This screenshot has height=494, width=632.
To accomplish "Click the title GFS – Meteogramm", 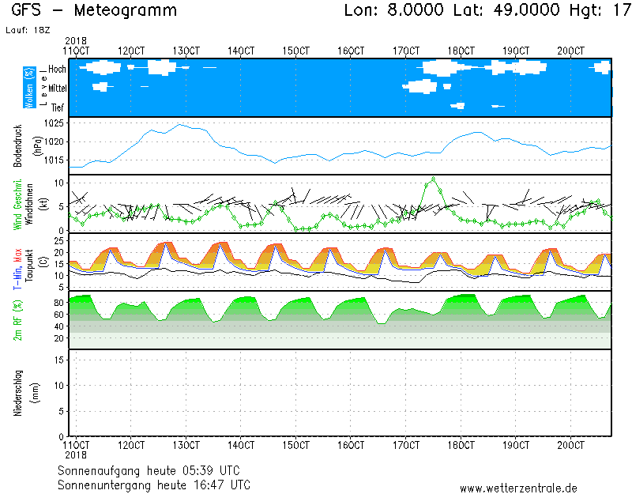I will tap(94, 11).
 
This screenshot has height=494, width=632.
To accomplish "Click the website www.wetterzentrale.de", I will tap(518, 488).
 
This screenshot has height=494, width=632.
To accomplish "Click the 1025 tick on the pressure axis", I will tap(55, 123).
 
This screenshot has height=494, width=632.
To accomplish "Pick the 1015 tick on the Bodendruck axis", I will tap(55, 160).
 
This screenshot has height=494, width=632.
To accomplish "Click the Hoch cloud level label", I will tap(57, 70).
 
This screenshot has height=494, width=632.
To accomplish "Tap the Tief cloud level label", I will tap(58, 107).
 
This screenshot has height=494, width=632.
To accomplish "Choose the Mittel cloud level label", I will tap(57, 89).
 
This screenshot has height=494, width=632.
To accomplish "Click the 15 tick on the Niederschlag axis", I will tap(59, 360).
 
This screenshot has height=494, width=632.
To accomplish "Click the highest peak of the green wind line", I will tap(433, 179).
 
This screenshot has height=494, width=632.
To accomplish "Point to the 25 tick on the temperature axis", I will tap(59, 240).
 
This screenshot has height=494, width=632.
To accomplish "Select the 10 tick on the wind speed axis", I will tap(59, 182).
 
